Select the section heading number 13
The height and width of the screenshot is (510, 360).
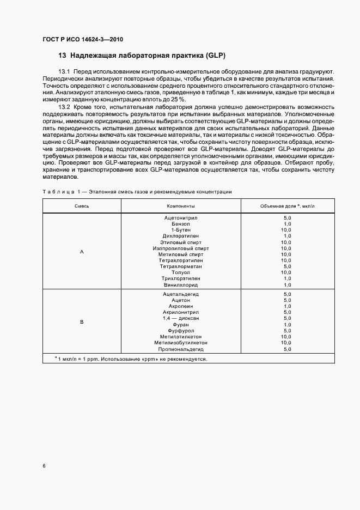(62, 56)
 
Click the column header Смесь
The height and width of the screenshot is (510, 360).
(82, 207)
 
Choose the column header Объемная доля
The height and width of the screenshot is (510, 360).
(285, 207)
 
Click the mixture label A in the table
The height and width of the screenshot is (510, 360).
(82, 252)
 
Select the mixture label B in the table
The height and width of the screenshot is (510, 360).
(82, 322)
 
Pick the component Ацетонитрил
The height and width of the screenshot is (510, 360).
(181, 218)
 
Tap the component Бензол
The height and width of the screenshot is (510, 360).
(181, 224)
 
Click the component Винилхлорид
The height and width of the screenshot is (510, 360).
(181, 284)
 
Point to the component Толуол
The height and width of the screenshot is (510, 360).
(181, 272)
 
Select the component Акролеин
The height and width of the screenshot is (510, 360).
(181, 306)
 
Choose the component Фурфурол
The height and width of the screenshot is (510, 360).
(181, 331)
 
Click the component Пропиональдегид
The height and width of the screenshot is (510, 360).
(181, 349)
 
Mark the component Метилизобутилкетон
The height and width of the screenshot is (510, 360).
(181, 343)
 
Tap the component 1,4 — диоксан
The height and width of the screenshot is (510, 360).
(181, 318)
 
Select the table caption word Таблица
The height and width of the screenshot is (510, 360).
(56, 192)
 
